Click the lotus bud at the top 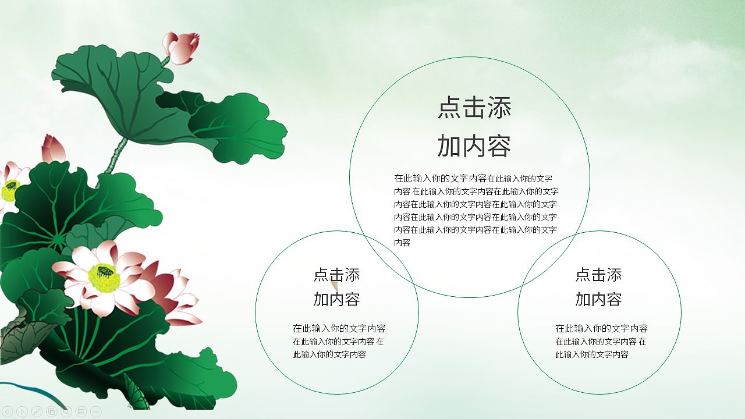pyautogui.click(x=181, y=47)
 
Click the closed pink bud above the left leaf pyautogui.click(x=52, y=150)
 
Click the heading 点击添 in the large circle pyautogui.click(x=474, y=109)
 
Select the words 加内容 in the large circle pyautogui.click(x=474, y=146)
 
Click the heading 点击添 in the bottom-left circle pyautogui.click(x=336, y=275)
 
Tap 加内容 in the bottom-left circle pyautogui.click(x=336, y=299)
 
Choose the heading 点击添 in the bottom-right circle pyautogui.click(x=598, y=275)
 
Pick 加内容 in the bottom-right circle pyautogui.click(x=598, y=299)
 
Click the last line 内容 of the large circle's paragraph pyautogui.click(x=402, y=243)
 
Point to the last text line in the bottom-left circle pyautogui.click(x=329, y=354)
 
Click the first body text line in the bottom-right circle pyautogui.click(x=601, y=329)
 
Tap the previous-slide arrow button pyautogui.click(x=8, y=412)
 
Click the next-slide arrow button pyautogui.click(x=22, y=412)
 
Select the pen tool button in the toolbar pyautogui.click(x=37, y=412)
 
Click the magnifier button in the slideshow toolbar pyautogui.click(x=66, y=412)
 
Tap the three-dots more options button pyautogui.click(x=96, y=412)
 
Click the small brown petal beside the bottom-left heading pyautogui.click(x=335, y=286)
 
